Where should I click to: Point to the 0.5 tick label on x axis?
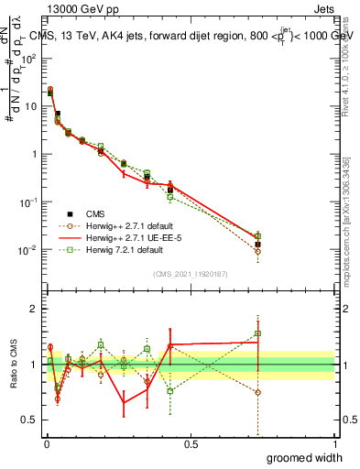click(190, 444)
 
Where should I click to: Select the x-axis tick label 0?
click(46, 444)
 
